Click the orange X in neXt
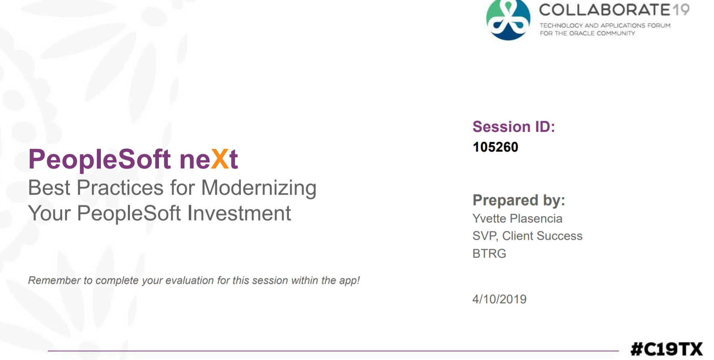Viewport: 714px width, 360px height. (220, 159)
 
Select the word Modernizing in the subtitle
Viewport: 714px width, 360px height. (259, 189)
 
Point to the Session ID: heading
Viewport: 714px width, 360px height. (514, 127)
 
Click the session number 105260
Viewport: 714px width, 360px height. (495, 147)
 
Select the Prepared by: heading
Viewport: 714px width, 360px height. (519, 200)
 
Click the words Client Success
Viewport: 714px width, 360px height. (542, 236)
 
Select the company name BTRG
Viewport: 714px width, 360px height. (489, 254)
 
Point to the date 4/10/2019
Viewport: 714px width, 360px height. (499, 299)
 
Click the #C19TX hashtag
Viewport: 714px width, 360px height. (666, 349)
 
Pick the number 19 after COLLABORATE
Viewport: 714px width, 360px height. (681, 10)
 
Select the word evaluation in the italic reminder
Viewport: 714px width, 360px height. (190, 280)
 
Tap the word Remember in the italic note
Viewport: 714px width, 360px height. (54, 280)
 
